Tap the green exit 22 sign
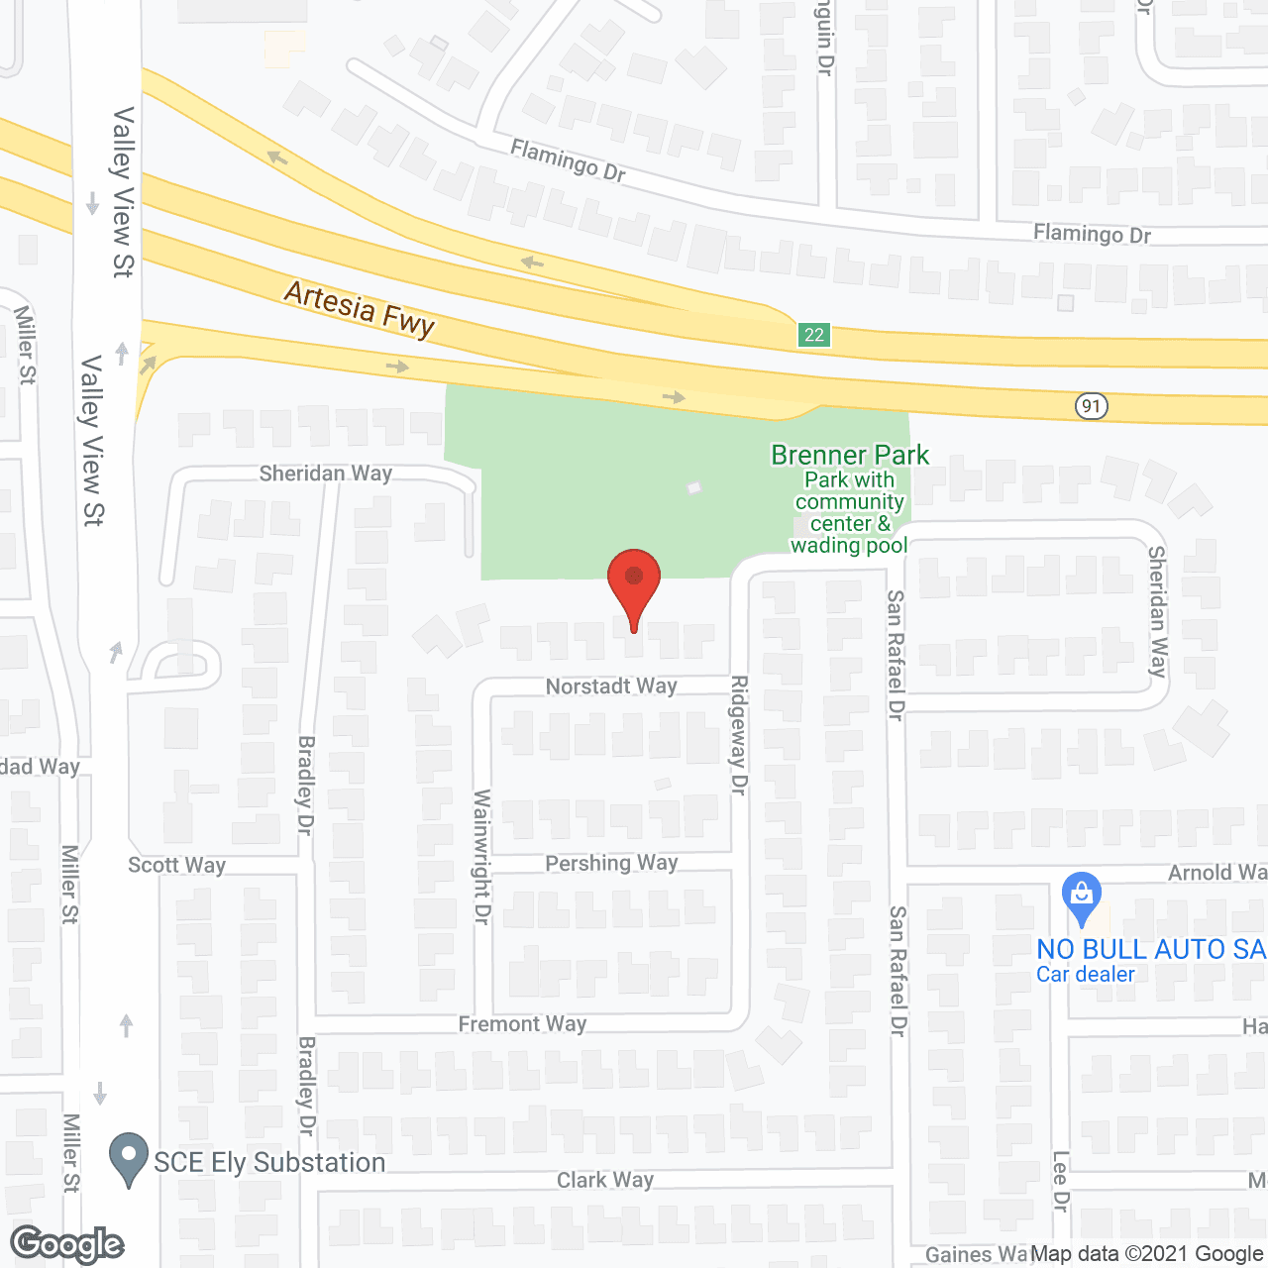point(814,335)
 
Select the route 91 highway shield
point(1091,406)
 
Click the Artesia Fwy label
point(360,309)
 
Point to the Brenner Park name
point(850,456)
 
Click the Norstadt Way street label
point(611,687)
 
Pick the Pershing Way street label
point(611,863)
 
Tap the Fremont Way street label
point(522,1024)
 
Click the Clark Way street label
point(604,1180)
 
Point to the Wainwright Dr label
point(482,857)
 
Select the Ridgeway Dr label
point(739,734)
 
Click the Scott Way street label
point(176,865)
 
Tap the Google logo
point(67,1244)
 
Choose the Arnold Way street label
point(1216,873)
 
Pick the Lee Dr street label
point(1060,1181)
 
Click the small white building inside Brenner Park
point(694,487)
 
